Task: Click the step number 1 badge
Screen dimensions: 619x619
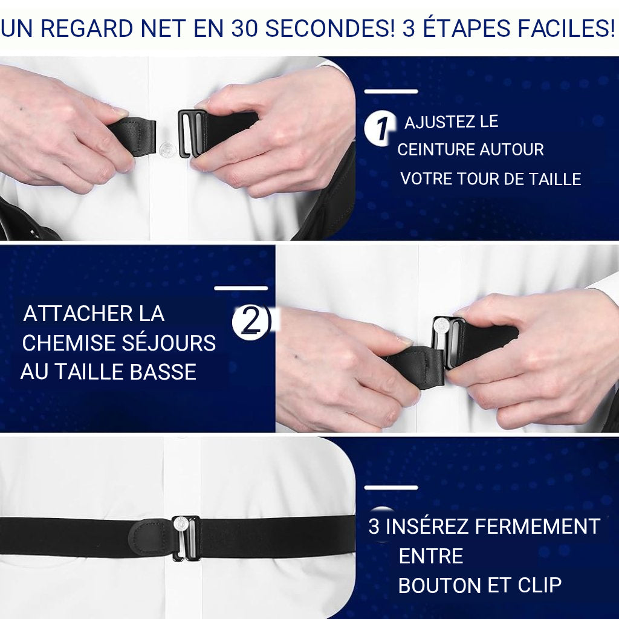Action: click(380, 128)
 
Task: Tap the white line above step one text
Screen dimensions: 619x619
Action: click(391, 92)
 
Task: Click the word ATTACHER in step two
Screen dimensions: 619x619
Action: click(69, 314)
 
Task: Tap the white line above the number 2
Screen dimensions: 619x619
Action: click(241, 288)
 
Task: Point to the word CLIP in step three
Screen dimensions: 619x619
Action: click(539, 585)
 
